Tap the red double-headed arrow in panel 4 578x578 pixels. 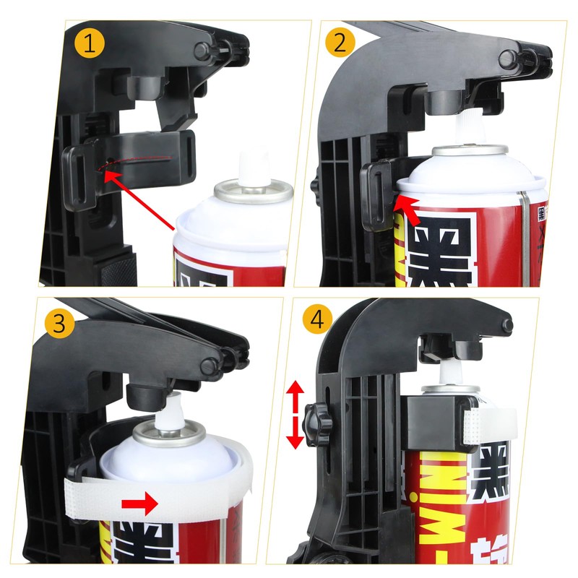(295, 415)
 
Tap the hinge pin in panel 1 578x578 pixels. (204, 51)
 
